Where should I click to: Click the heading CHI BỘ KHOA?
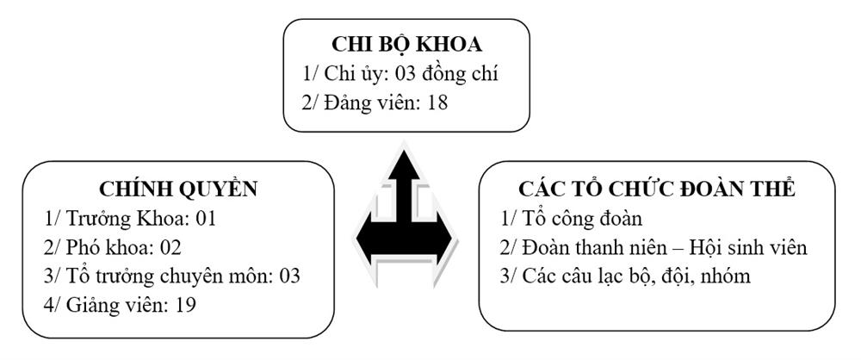406,45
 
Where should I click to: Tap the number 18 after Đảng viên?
437,102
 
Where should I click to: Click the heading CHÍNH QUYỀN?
178,189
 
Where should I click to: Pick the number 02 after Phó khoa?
170,247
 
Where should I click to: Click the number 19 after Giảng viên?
185,305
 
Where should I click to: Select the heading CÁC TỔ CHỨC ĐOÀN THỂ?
657,189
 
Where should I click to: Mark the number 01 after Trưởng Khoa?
206,219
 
